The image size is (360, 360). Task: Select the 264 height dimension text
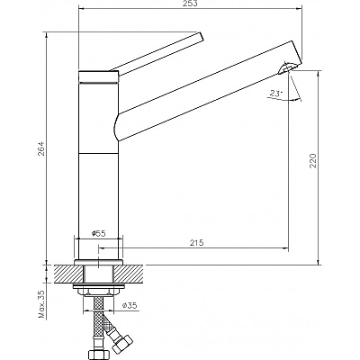(42, 148)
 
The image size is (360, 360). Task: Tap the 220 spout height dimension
(313, 160)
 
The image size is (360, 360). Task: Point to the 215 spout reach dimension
(196, 242)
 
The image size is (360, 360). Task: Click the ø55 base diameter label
(98, 234)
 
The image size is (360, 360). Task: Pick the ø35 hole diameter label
(130, 305)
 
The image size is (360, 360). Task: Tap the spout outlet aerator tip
(287, 67)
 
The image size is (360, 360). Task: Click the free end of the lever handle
(202, 36)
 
